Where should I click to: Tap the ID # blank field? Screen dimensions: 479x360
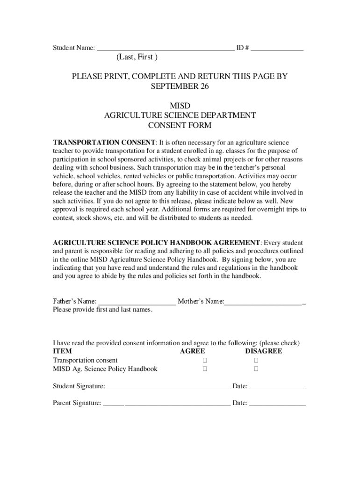coord(277,48)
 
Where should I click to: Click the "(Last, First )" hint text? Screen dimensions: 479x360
coord(137,58)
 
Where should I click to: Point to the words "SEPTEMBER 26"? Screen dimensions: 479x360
coord(180,87)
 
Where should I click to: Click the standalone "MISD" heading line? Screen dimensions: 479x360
coord(180,105)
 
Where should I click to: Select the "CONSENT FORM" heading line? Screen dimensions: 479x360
coord(180,125)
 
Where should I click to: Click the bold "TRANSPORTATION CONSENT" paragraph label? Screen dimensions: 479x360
coord(104,142)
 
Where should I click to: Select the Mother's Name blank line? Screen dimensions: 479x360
coord(263,302)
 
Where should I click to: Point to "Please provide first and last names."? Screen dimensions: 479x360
coord(102,310)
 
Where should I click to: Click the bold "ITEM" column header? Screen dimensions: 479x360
coord(62,351)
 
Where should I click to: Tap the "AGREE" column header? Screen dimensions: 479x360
coord(192,351)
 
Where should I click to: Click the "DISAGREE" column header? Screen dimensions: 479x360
coord(264,351)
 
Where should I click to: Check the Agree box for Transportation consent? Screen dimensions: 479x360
coord(205,360)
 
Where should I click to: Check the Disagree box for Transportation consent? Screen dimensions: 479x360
coord(256,360)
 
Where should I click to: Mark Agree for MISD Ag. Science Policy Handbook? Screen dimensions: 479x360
coord(205,369)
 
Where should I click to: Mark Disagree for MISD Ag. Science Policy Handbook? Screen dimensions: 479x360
coord(256,369)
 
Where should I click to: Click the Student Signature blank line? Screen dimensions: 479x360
coord(169,387)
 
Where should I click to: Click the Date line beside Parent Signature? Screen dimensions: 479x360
coord(278,403)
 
